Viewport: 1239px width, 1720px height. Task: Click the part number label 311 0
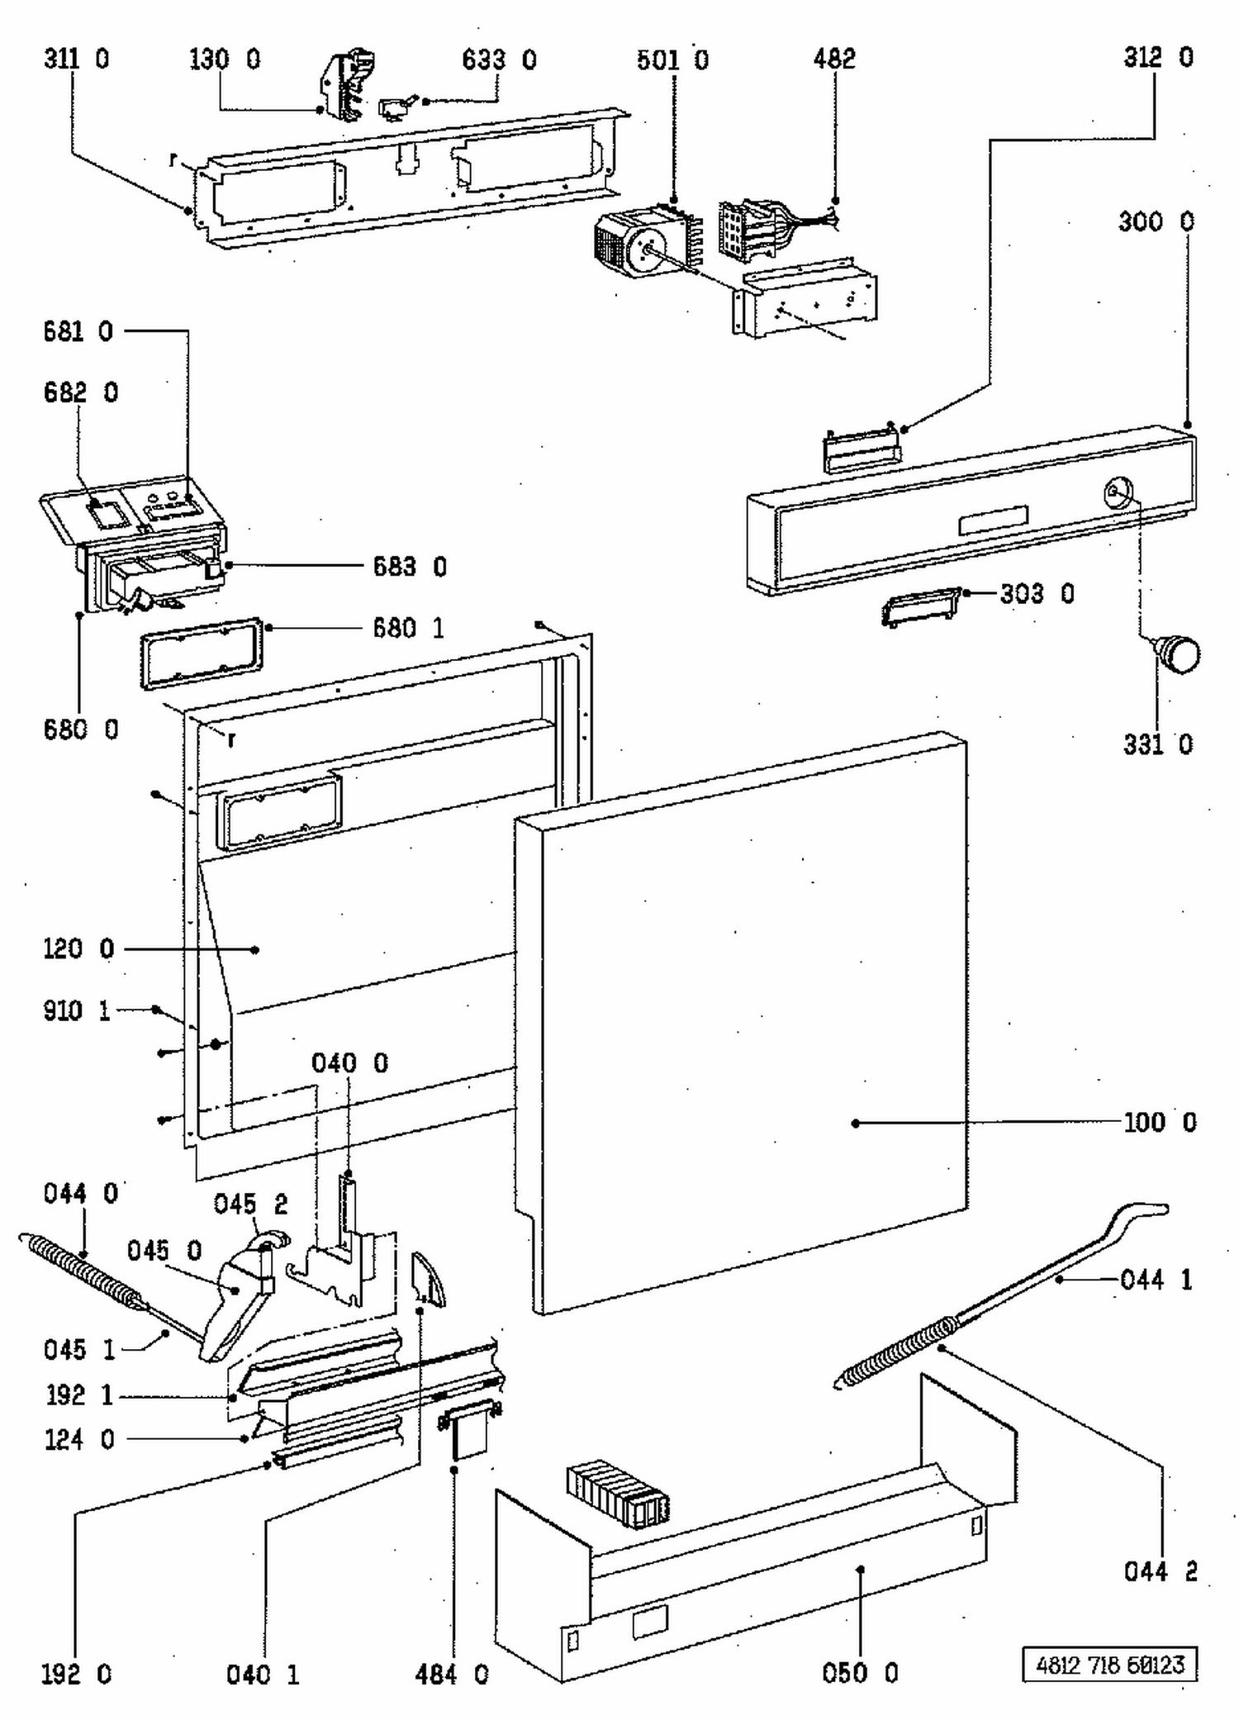click(x=76, y=59)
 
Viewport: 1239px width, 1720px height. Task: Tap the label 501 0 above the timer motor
click(x=672, y=59)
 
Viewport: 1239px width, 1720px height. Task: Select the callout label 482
click(x=834, y=59)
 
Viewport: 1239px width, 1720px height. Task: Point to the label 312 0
click(x=1158, y=57)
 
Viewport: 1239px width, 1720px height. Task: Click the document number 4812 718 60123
click(x=1110, y=1664)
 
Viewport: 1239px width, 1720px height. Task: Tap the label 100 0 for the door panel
click(x=1160, y=1122)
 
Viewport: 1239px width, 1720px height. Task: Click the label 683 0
click(x=410, y=567)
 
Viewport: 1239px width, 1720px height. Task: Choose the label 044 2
click(x=1161, y=1570)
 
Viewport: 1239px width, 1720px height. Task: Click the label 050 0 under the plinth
click(x=860, y=1673)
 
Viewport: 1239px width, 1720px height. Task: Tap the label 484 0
click(x=452, y=1675)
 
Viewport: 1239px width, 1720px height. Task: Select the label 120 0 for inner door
click(x=78, y=948)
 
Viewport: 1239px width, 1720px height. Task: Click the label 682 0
click(x=81, y=392)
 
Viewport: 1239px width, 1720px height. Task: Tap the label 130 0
click(x=225, y=59)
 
